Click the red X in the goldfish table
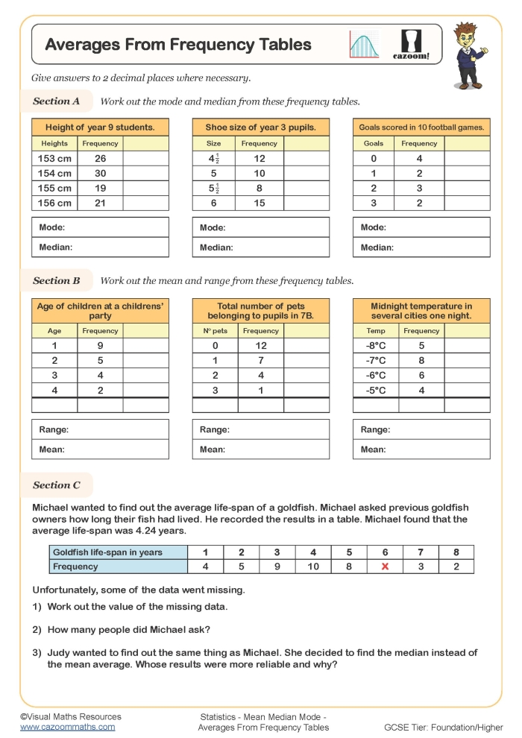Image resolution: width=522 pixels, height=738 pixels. (x=385, y=567)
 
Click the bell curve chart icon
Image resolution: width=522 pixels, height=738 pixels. (x=365, y=44)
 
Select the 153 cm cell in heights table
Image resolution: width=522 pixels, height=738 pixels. (x=54, y=158)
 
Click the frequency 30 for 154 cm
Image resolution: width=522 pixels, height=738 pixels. (x=100, y=173)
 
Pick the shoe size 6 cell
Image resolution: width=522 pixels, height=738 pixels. (x=213, y=203)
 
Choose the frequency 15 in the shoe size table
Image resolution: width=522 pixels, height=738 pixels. (x=260, y=203)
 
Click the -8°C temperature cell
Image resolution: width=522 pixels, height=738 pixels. (x=376, y=345)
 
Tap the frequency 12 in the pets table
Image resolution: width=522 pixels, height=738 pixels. (x=260, y=345)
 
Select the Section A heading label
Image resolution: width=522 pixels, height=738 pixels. (x=57, y=101)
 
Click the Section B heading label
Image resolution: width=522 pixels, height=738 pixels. (x=57, y=281)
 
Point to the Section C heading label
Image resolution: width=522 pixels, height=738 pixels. (x=57, y=485)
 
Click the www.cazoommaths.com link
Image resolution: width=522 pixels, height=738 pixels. (x=68, y=727)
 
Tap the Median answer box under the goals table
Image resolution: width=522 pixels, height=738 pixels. (x=421, y=247)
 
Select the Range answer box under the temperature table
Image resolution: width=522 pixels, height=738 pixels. (x=421, y=429)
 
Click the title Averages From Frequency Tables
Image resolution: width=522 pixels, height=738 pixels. (x=178, y=45)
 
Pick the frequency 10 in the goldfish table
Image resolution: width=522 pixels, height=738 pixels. (x=313, y=567)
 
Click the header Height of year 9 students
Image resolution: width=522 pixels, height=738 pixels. (x=100, y=127)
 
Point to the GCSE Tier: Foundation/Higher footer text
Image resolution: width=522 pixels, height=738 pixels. (x=442, y=727)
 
